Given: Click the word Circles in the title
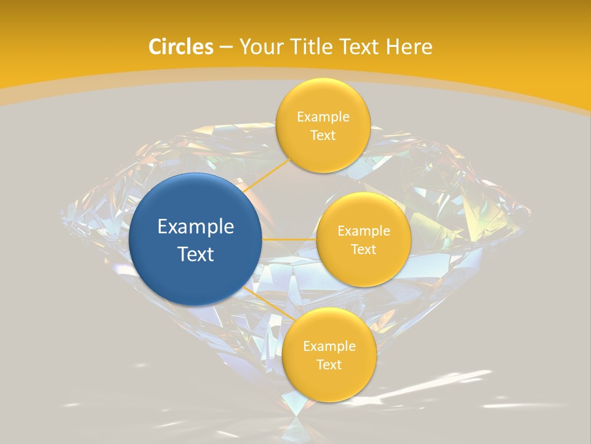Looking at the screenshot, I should [x=181, y=47].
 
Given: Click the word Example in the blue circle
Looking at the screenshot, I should [x=196, y=227].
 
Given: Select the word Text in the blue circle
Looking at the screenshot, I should [x=196, y=254].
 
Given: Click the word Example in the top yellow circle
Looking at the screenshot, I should [x=323, y=117].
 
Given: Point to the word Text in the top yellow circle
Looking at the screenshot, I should [x=323, y=136].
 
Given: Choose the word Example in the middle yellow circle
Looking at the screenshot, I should [x=364, y=231].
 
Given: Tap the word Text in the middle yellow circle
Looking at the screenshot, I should [x=364, y=250].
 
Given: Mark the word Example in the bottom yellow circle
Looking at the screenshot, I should [x=329, y=347].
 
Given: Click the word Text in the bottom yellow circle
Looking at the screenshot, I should [x=329, y=365].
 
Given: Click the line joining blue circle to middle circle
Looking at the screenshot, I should [x=289, y=239].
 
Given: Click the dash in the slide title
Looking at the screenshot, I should [x=226, y=47].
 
